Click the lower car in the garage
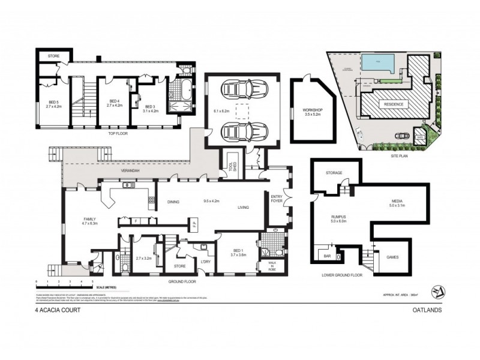click(239, 130)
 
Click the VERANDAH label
click(131, 171)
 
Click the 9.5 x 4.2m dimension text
click(213, 201)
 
